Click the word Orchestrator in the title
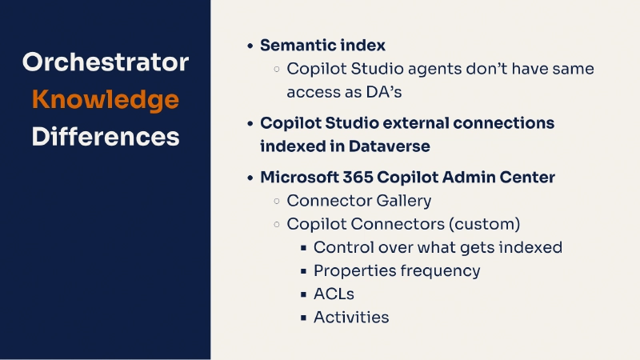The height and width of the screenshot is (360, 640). pos(105,62)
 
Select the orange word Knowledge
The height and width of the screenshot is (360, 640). pos(105,99)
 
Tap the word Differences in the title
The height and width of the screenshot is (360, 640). pos(105,136)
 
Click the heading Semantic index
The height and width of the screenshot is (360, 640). pos(322,46)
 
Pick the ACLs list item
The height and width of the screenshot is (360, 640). pos(334,294)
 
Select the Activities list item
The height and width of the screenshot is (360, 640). pos(351,317)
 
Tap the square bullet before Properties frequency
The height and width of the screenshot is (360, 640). pos(304,271)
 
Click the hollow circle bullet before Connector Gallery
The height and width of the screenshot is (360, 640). pos(277,202)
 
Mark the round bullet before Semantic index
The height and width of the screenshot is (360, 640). pos(250,46)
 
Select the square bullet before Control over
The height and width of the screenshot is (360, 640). pos(304,248)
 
